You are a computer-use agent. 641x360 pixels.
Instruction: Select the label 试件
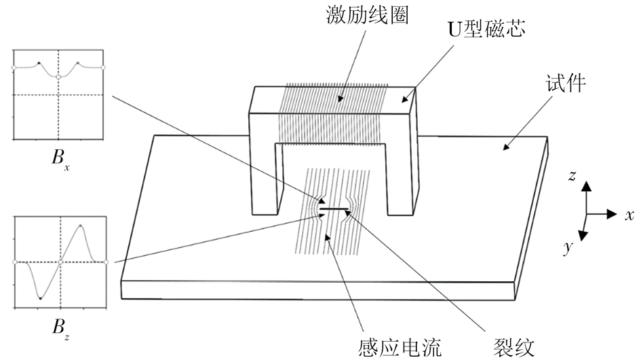565,85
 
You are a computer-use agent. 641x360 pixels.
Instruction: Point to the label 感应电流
400,347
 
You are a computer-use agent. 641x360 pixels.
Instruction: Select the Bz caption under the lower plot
60,328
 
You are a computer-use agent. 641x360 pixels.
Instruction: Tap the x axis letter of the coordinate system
629,215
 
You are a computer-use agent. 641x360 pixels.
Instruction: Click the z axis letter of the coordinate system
572,176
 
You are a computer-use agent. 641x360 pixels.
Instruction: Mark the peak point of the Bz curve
81,225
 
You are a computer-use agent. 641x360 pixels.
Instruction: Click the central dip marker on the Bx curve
59,77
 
